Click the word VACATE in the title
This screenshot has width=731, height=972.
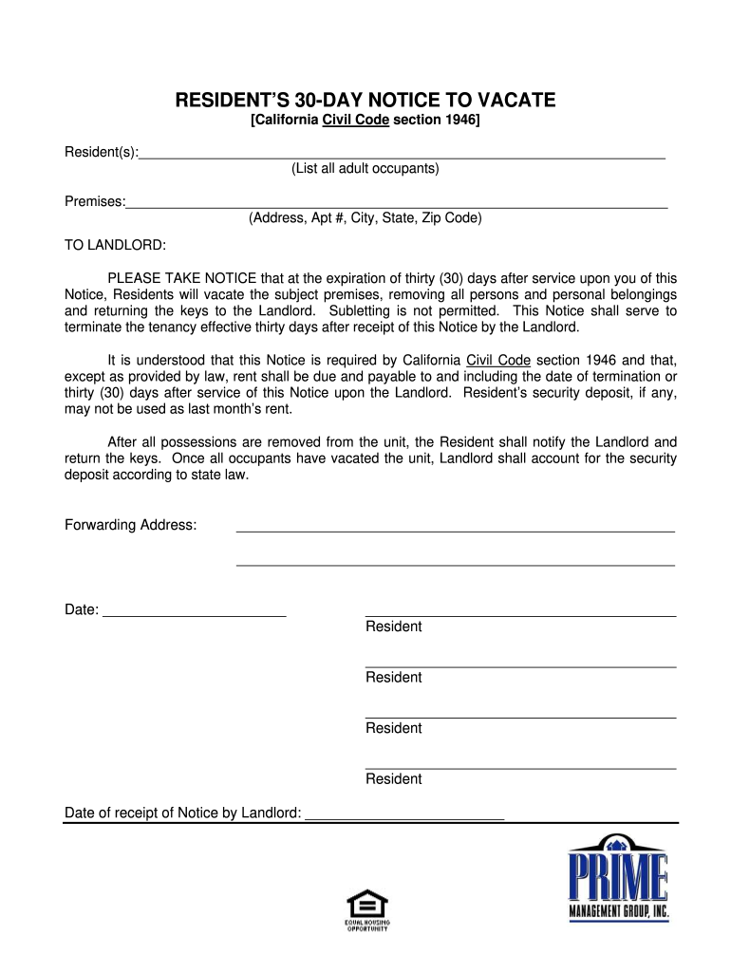click(x=512, y=101)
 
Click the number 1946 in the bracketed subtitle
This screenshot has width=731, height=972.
click(x=459, y=121)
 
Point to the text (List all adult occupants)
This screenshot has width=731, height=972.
click(x=365, y=169)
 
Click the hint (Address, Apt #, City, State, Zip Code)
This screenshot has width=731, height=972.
click(x=365, y=218)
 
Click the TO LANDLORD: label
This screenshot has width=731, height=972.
click(x=115, y=246)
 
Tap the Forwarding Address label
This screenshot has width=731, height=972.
click(x=131, y=526)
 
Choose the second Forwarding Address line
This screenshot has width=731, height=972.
click(x=455, y=565)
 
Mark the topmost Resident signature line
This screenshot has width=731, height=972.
click(x=520, y=616)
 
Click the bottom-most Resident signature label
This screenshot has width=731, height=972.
click(x=394, y=779)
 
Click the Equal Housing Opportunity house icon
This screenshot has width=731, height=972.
click(x=367, y=903)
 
